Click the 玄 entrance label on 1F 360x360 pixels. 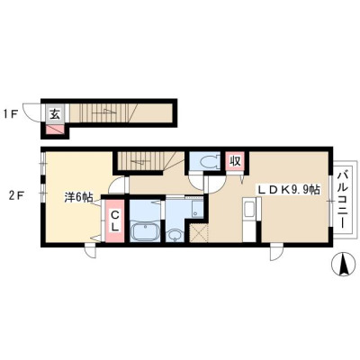click(54, 113)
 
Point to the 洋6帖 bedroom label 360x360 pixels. click(78, 198)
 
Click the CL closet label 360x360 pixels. click(114, 220)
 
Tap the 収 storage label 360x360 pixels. click(236, 161)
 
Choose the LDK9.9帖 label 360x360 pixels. click(287, 190)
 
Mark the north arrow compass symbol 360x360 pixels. click(343, 264)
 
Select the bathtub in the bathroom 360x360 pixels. click(145, 232)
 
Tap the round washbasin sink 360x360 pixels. click(174, 235)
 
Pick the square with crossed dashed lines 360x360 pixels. click(198, 232)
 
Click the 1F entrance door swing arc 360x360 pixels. click(31, 112)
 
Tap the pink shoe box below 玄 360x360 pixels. click(55, 130)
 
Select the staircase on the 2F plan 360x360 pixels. click(143, 161)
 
